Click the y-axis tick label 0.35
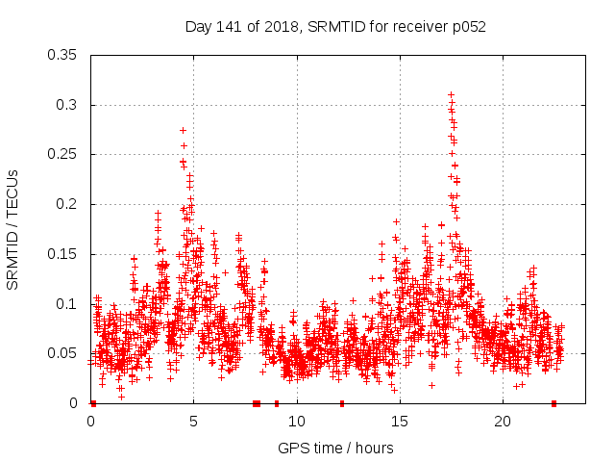pyautogui.click(x=62, y=55)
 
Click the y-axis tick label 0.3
pyautogui.click(x=66, y=105)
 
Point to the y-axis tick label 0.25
pyautogui.click(x=62, y=154)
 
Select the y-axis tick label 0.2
pyautogui.click(x=66, y=204)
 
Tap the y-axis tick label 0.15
pyautogui.click(x=62, y=254)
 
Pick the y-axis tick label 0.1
pyautogui.click(x=66, y=304)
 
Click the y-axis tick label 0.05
pyautogui.click(x=62, y=353)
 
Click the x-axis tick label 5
pyautogui.click(x=194, y=422)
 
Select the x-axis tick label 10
pyautogui.click(x=297, y=422)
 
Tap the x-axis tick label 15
pyautogui.click(x=400, y=422)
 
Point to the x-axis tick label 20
pyautogui.click(x=503, y=422)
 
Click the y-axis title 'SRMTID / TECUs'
pyautogui.click(x=13, y=229)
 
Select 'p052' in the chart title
pyautogui.click(x=468, y=27)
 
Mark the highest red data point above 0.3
pyautogui.click(x=451, y=94)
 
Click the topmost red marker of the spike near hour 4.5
pyautogui.click(x=183, y=130)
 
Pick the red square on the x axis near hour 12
pyautogui.click(x=341, y=403)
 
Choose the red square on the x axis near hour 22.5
pyautogui.click(x=554, y=403)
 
